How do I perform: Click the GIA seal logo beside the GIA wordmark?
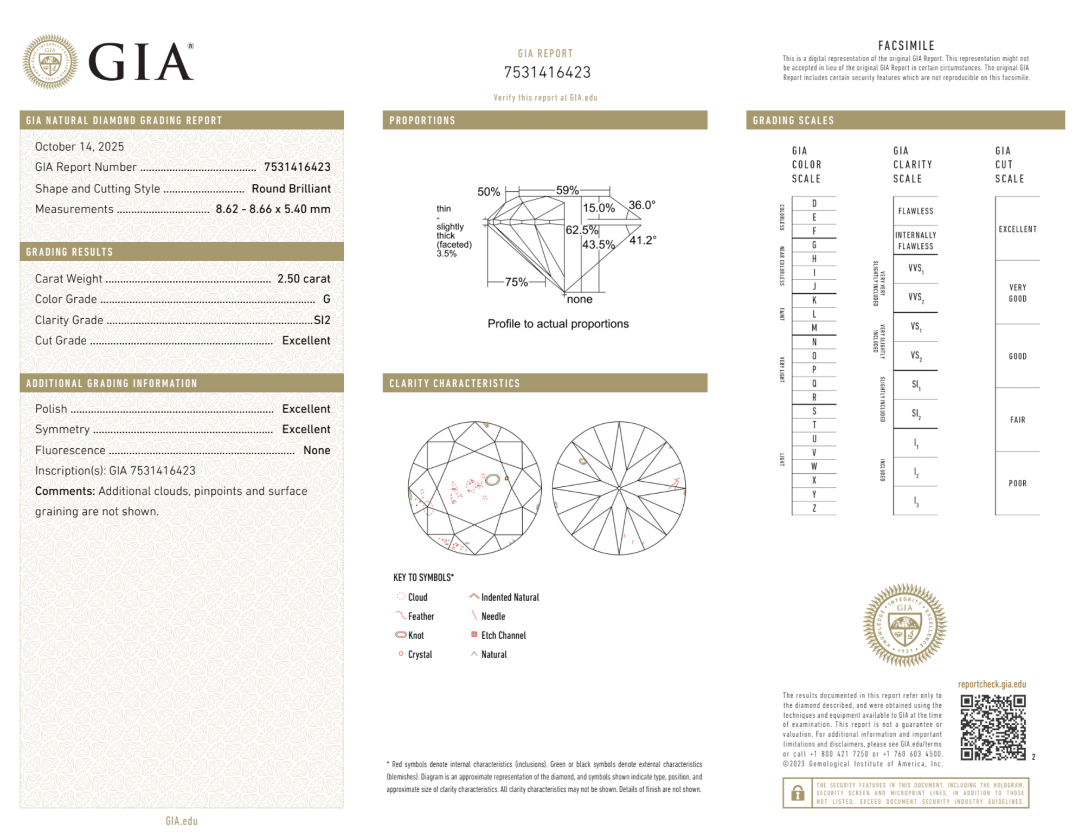coord(50,62)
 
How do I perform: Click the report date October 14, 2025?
coord(80,146)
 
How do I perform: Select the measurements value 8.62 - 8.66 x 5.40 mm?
coord(273,209)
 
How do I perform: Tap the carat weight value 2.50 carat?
coord(304,279)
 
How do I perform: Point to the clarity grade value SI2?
coord(322,320)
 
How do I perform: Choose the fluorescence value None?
coord(317,450)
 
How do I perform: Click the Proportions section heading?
coord(422,120)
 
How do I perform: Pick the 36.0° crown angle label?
coord(642,205)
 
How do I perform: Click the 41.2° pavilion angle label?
coord(643,240)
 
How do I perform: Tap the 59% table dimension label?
coord(567,190)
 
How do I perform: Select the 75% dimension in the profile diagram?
coord(516,282)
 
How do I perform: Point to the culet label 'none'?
coord(580,299)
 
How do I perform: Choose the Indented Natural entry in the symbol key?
coord(510,597)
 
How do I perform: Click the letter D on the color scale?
coord(814,204)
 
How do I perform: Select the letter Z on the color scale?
coord(814,508)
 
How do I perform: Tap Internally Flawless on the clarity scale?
coord(915,240)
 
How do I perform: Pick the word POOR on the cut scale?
coord(1017,483)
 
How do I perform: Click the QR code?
coord(993,727)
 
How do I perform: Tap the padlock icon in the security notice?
coord(797,793)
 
